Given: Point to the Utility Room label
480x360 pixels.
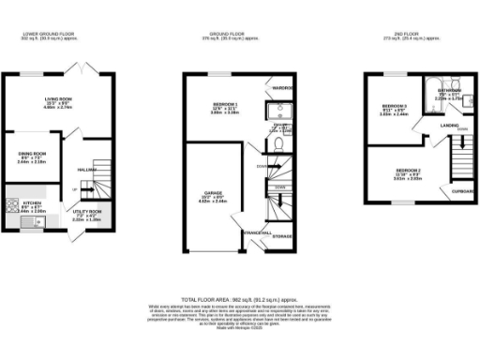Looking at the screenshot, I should tap(86, 215).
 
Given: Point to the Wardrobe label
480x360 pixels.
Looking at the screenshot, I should tap(284, 89).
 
